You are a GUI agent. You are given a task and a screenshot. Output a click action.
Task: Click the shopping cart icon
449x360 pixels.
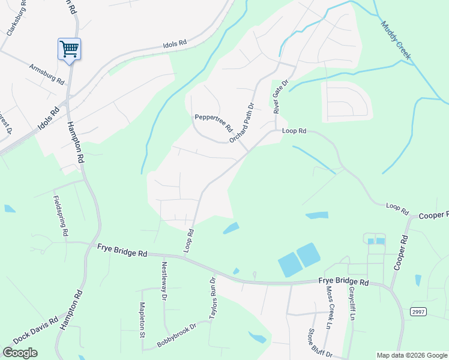[69, 48]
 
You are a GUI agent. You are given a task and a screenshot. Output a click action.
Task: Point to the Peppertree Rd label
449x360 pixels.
[213, 122]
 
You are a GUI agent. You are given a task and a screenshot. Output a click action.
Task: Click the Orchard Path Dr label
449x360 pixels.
[242, 123]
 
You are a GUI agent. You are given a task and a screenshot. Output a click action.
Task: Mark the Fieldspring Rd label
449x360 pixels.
[62, 216]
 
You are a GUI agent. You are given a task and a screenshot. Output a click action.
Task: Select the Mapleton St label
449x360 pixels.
[143, 319]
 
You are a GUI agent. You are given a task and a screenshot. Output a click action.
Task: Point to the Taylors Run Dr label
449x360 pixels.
[212, 298]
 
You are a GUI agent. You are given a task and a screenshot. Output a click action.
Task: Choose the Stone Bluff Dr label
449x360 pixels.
[318, 344]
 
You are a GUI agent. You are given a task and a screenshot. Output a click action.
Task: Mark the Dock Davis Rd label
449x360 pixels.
[35, 330]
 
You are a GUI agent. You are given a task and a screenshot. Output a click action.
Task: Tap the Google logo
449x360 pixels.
[20, 353]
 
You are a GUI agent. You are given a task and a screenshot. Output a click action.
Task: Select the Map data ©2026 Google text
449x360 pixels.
[411, 355]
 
